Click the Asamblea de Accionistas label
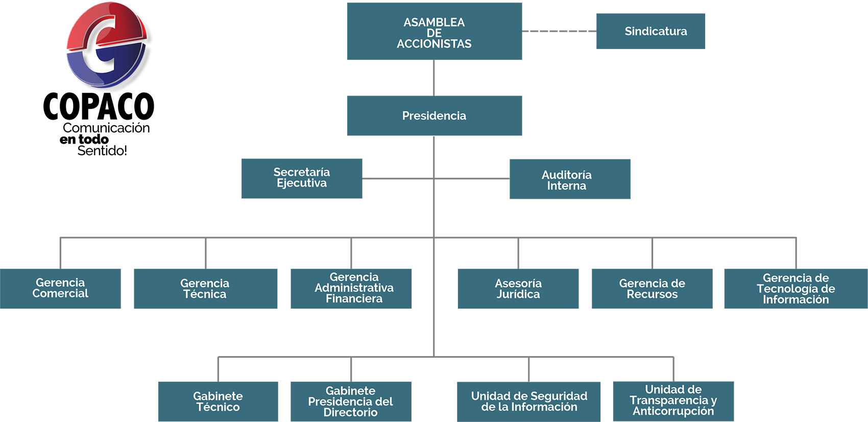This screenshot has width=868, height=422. (434, 33)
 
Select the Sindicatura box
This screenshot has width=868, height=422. (656, 31)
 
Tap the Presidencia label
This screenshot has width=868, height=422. (434, 116)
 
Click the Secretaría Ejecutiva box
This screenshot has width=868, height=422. (301, 178)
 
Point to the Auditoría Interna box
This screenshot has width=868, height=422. (566, 180)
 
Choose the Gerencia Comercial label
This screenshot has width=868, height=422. (60, 288)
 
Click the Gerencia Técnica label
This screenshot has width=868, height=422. (205, 289)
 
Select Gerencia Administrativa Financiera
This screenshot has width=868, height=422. (354, 288)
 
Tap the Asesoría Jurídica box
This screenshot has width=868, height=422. (518, 289)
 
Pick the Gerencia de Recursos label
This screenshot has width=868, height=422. (652, 289)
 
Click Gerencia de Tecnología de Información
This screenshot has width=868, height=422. (795, 289)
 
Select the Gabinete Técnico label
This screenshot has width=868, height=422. (218, 402)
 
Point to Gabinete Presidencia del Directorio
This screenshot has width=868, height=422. (350, 402)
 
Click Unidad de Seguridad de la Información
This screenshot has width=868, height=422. (529, 402)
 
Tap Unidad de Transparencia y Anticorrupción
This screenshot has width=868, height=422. (673, 401)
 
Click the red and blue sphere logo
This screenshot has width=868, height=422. (107, 45)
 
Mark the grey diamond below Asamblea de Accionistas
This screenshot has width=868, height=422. (434, 78)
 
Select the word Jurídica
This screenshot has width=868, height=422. (518, 295)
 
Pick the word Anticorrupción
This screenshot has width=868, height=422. (673, 411)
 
